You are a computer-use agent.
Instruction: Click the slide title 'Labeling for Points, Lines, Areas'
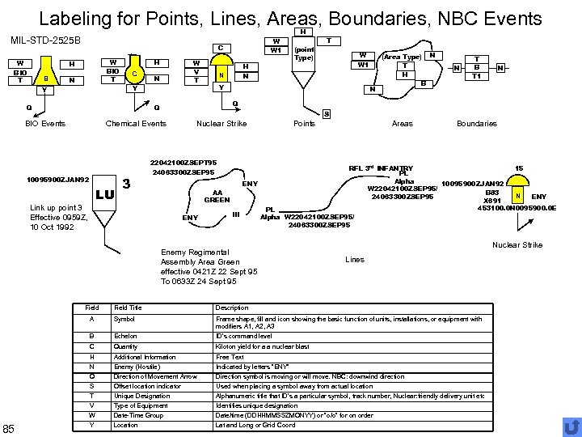pyautogui.click(x=290, y=17)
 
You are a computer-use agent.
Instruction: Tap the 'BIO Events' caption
pyautogui.click(x=44, y=124)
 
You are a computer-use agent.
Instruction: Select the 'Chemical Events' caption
pyautogui.click(x=136, y=124)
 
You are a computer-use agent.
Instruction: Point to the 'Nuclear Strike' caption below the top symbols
pyautogui.click(x=221, y=124)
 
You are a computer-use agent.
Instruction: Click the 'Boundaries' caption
pyautogui.click(x=477, y=124)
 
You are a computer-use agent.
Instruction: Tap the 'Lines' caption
pyautogui.click(x=355, y=260)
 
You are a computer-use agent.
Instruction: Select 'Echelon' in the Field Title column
pyautogui.click(x=125, y=335)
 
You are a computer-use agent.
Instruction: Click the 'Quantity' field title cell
pyautogui.click(x=126, y=346)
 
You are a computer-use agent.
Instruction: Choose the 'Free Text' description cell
pyautogui.click(x=230, y=357)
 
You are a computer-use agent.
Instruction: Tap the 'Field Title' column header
pyautogui.click(x=128, y=308)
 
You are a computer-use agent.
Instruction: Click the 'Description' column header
pyautogui.click(x=232, y=308)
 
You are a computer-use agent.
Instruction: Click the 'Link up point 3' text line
pyautogui.click(x=56, y=208)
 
